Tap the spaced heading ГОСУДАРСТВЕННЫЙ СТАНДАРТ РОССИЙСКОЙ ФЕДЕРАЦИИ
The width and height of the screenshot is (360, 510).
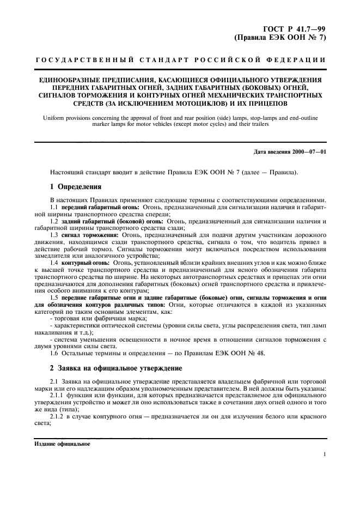pyautogui.click(x=180, y=60)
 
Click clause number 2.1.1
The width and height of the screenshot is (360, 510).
pyautogui.click(x=57, y=395)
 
